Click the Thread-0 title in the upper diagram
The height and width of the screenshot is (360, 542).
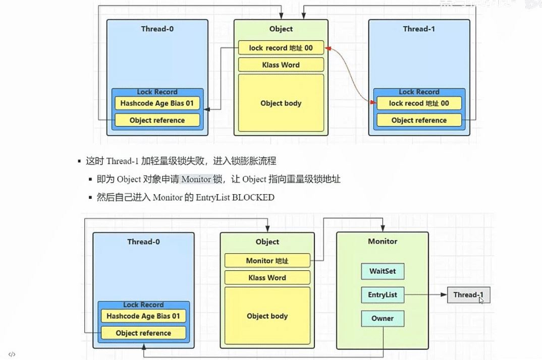(x=157, y=29)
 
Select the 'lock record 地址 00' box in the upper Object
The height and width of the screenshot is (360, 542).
(x=281, y=48)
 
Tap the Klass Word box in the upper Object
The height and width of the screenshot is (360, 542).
(x=281, y=65)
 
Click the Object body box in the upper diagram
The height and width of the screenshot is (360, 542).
(x=281, y=103)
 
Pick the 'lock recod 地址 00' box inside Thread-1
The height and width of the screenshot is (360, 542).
(x=419, y=103)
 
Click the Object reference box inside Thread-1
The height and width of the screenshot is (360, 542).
(x=419, y=120)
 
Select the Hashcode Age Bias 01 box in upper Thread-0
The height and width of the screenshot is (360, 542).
(x=157, y=103)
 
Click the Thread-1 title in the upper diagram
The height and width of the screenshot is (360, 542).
(x=419, y=29)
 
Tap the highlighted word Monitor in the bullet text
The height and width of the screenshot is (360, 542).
(x=196, y=179)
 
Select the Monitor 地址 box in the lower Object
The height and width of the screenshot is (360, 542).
(x=267, y=261)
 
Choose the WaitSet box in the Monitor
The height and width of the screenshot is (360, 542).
(x=383, y=271)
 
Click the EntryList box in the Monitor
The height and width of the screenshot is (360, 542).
(x=383, y=294)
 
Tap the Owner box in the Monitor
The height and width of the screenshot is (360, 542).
(x=383, y=318)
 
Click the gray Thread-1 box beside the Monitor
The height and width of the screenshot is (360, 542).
(x=468, y=294)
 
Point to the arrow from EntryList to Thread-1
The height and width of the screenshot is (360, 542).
(x=425, y=294)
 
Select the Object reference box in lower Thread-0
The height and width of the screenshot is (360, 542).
(x=143, y=333)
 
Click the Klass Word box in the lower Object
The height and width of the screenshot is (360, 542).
(x=267, y=277)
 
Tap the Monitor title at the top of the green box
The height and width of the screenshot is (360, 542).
(x=383, y=242)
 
